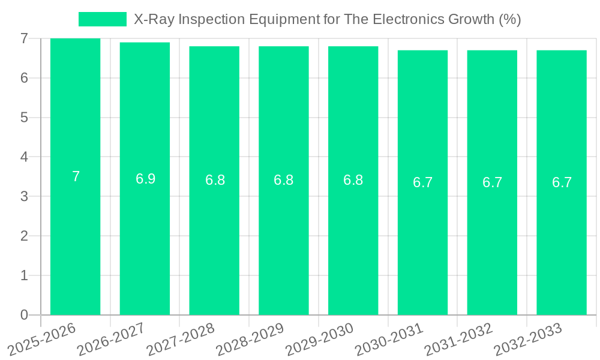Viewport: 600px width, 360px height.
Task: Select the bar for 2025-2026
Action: [x=75, y=240]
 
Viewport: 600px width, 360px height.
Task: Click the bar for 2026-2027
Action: [x=145, y=240]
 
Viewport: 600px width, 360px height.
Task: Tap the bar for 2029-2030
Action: [x=353, y=240]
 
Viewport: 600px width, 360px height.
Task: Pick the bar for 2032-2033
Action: [x=562, y=240]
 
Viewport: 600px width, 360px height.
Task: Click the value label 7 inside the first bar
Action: [x=76, y=176]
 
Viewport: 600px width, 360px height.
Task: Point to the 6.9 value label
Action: [x=145, y=179]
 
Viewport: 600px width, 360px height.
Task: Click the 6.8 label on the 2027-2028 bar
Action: [x=215, y=180]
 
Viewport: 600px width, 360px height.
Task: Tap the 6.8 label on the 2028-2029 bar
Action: [x=283, y=180]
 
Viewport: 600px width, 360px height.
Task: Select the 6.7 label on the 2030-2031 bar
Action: [x=422, y=183]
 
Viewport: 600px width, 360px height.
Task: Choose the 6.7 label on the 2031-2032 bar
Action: [x=492, y=183]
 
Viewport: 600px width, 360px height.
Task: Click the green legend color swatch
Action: [x=103, y=19]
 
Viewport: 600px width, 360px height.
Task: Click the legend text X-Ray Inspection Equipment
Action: [x=327, y=19]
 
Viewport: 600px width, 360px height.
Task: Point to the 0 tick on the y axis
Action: [x=24, y=315]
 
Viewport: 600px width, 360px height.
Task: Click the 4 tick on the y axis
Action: [x=24, y=157]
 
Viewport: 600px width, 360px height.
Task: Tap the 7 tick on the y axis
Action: [x=24, y=38]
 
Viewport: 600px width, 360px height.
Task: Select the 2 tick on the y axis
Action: [x=24, y=236]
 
